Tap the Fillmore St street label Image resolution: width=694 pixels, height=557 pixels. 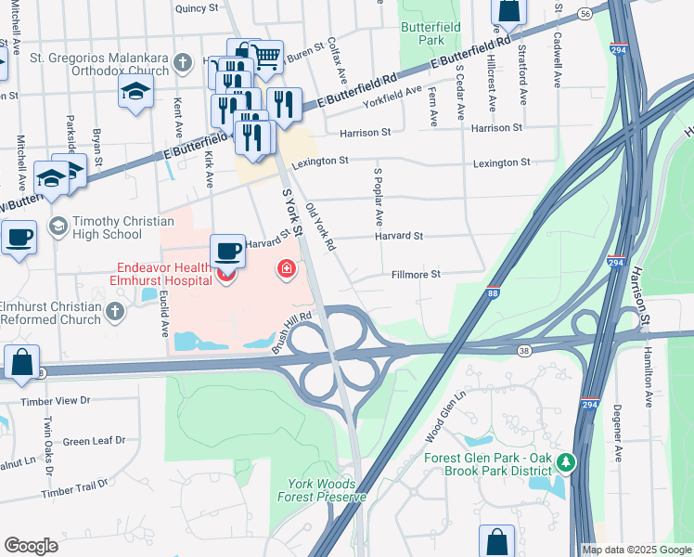click(416, 275)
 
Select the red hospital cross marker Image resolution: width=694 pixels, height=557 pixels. click(287, 269)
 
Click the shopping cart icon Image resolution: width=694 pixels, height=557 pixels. click(266, 56)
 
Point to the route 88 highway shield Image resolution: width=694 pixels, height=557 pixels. click(494, 293)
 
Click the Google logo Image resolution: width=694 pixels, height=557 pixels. click(31, 546)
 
